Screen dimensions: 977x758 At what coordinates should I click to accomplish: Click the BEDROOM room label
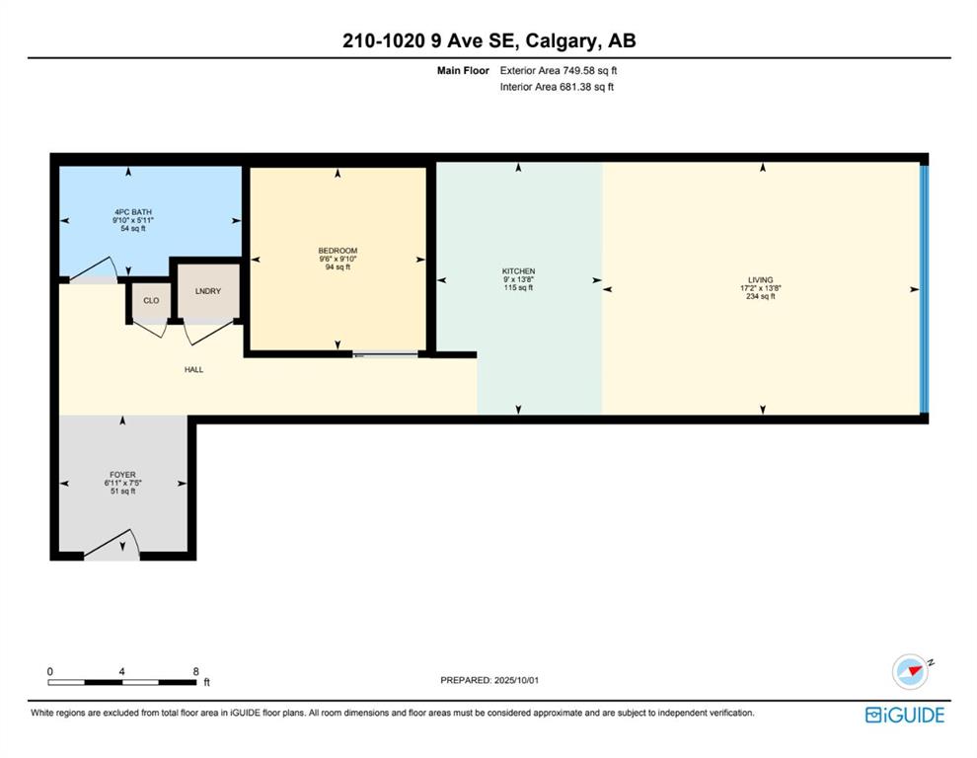[x=338, y=251]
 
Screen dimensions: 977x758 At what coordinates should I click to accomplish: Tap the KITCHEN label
[x=518, y=271]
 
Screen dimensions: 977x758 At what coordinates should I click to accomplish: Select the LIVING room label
[x=760, y=280]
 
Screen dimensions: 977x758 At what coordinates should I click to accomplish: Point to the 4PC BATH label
[x=132, y=212]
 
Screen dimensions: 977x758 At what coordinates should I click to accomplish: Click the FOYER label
[x=122, y=475]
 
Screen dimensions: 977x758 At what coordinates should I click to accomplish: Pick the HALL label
[x=193, y=370]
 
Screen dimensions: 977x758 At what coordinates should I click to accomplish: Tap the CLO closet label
[x=151, y=300]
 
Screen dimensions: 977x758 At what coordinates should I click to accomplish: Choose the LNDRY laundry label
[x=208, y=291]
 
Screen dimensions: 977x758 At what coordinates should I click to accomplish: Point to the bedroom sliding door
[x=385, y=354]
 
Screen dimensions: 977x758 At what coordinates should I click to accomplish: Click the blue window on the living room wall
[x=925, y=289]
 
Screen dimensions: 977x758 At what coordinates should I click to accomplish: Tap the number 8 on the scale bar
[x=195, y=671]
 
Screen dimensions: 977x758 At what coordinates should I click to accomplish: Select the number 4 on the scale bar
[x=121, y=671]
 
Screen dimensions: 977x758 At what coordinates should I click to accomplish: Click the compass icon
[x=911, y=671]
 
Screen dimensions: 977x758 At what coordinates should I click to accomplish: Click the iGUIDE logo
[x=905, y=715]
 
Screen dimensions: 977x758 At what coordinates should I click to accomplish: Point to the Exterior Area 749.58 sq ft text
[x=559, y=70]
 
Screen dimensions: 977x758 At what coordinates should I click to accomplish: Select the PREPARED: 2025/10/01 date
[x=489, y=680]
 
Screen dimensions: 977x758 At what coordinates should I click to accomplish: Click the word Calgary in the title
[x=561, y=41]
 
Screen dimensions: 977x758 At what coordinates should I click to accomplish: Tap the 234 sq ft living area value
[x=760, y=297]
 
